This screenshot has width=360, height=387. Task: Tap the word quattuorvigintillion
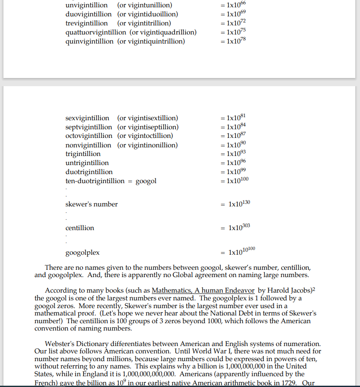coord(96,32)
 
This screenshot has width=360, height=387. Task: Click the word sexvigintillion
coord(87,118)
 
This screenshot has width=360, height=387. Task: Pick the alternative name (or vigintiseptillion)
coord(148,127)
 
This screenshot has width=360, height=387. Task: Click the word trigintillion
coord(83,154)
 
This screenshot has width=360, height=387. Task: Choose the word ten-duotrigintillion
coord(95,181)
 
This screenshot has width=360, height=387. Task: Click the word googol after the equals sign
coord(146,181)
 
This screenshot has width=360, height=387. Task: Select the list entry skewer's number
coord(91,204)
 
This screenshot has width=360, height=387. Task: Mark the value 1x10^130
coord(239,204)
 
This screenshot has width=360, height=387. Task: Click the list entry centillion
coord(80,228)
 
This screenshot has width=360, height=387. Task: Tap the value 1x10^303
coord(239,227)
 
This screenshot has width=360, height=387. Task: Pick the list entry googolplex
coord(82,252)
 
